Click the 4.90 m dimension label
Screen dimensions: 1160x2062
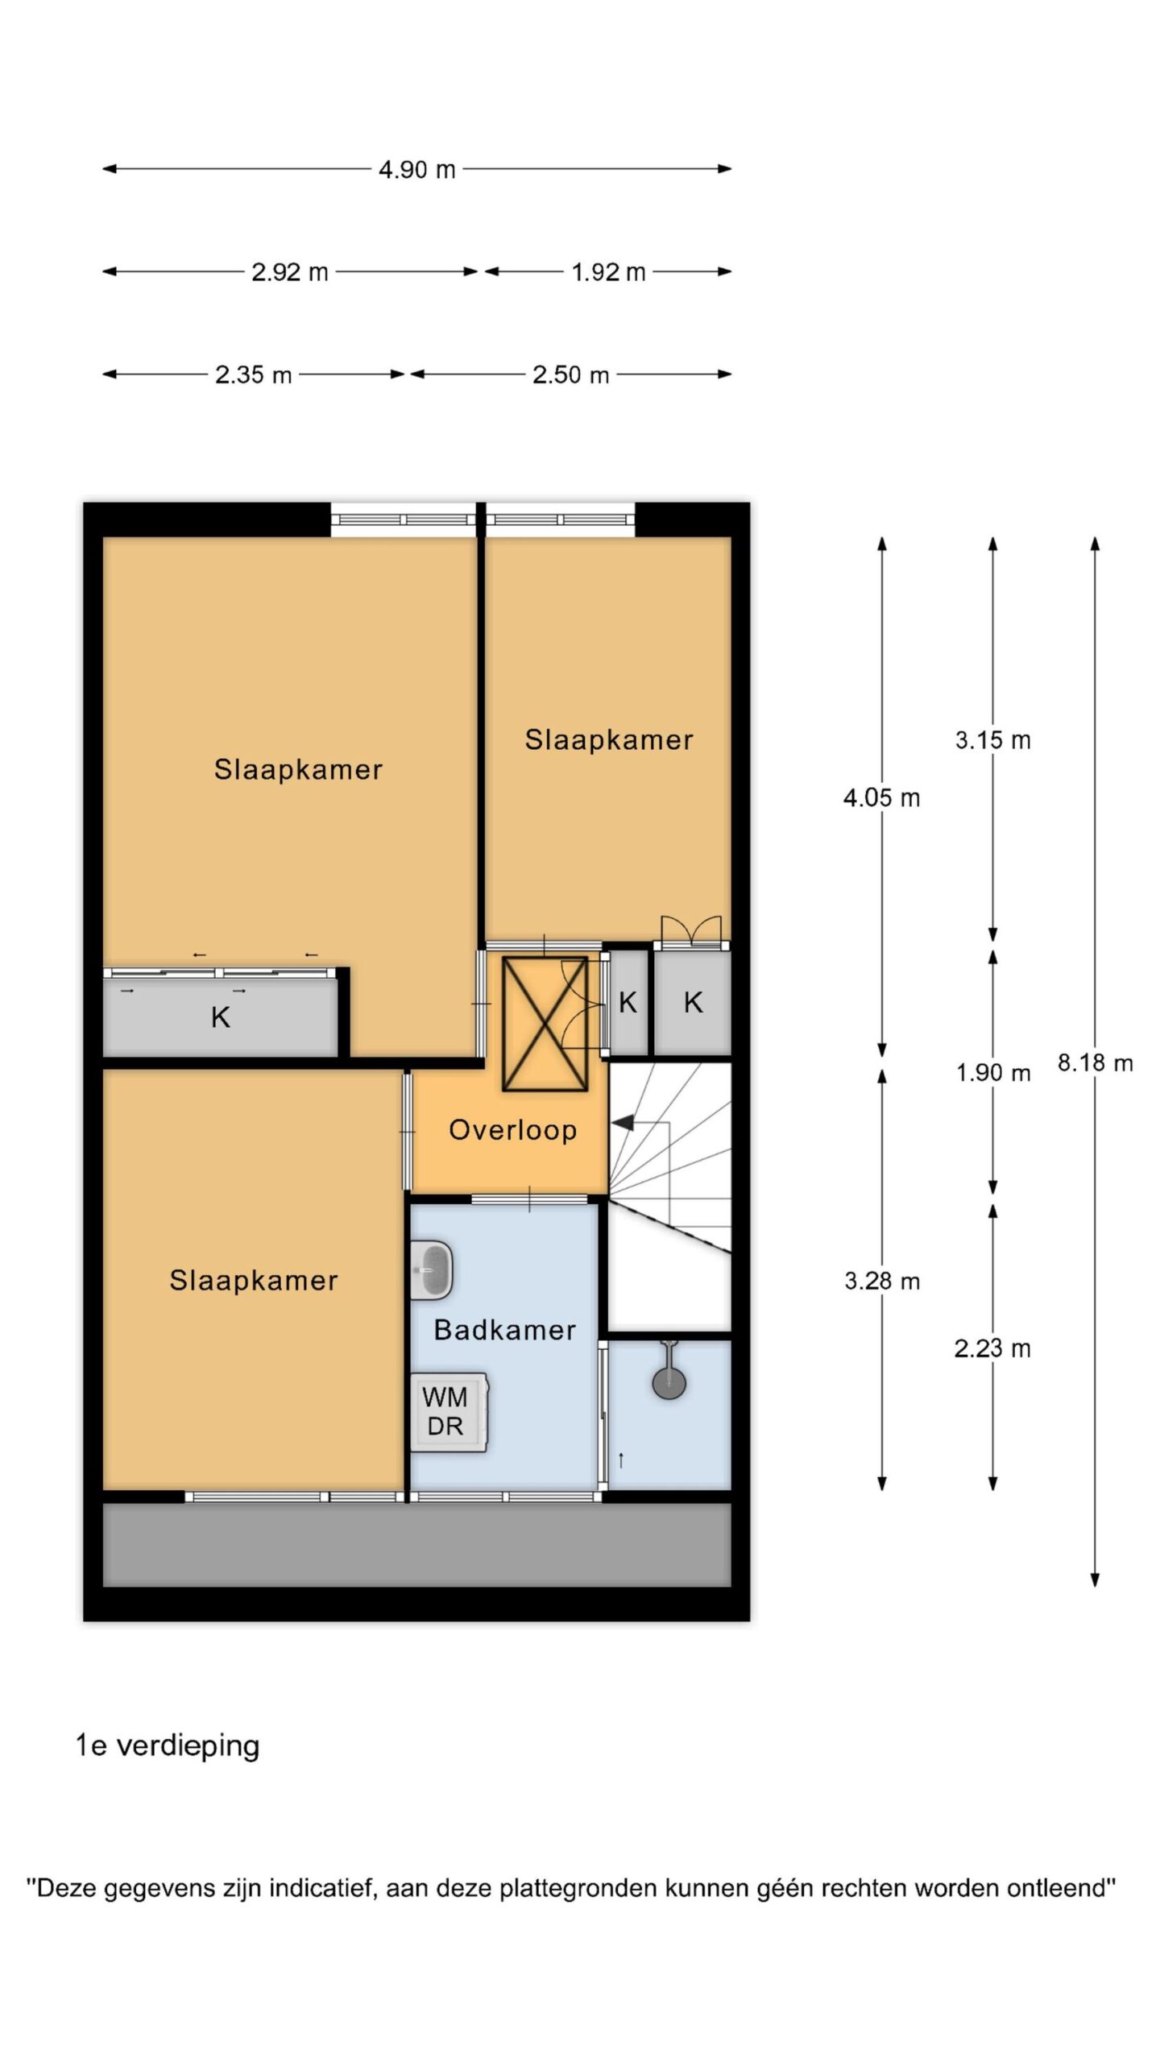417,169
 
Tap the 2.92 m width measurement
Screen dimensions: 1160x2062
290,272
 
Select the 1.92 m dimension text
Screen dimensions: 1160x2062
608,272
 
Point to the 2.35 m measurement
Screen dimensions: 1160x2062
253,375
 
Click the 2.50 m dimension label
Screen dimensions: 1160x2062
570,375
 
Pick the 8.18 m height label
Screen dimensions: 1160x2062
1095,1062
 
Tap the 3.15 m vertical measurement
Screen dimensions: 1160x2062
992,740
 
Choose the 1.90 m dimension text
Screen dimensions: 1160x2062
992,1072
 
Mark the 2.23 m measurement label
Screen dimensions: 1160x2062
992,1348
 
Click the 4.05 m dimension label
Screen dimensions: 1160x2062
881,798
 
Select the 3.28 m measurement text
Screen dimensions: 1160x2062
882,1281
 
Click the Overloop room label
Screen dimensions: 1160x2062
512,1130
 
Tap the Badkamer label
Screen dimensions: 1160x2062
505,1330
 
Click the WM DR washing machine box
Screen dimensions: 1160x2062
448,1413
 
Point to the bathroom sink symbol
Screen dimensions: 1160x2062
432,1270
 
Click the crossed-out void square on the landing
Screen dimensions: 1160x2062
545,1024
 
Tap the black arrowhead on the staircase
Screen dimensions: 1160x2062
623,1122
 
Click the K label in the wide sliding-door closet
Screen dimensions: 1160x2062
220,1018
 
